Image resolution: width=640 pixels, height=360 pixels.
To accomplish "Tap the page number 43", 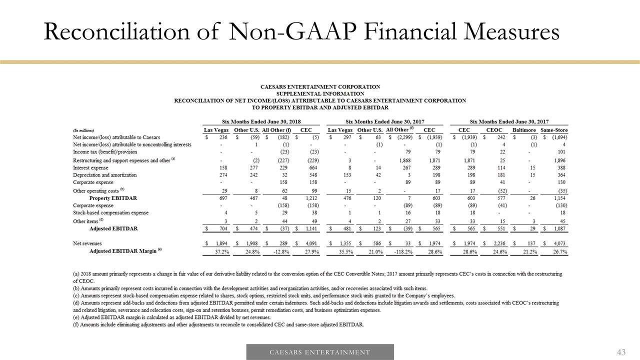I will pyautogui.click(x=621, y=352).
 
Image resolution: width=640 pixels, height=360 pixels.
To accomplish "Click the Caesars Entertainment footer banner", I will pyautogui.click(x=320, y=352).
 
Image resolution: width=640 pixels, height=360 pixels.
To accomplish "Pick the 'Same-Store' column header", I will pyautogui.click(x=554, y=130).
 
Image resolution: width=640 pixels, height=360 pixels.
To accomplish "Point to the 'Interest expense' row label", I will pyautogui.click(x=91, y=168).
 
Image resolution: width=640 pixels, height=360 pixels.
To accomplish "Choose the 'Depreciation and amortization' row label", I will pyautogui.click(x=104, y=175).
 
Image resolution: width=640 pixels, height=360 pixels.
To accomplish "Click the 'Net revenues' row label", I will pyautogui.click(x=87, y=243).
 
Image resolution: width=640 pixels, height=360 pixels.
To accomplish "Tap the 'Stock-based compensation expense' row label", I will pyautogui.click(x=110, y=213).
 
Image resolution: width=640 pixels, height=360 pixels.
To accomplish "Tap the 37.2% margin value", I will pyautogui.click(x=221, y=251).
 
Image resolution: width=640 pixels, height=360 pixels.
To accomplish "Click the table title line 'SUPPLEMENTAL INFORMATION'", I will pyautogui.click(x=319, y=93).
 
